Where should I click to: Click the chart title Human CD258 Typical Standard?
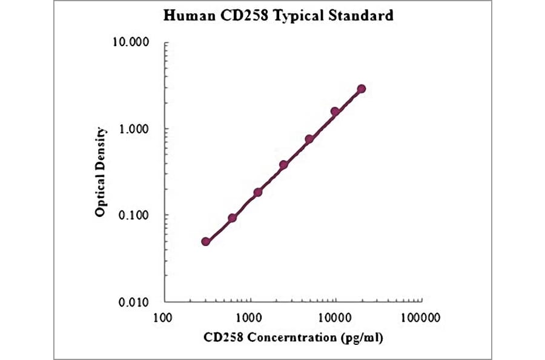(x=278, y=16)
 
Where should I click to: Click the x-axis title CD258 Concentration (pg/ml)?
(x=293, y=337)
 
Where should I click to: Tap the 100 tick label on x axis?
(x=162, y=317)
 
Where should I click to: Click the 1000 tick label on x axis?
(x=248, y=317)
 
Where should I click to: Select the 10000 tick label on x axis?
(x=335, y=317)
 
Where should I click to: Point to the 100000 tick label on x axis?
(x=421, y=317)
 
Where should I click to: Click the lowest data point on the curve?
(x=206, y=241)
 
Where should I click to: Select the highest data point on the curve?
(x=362, y=88)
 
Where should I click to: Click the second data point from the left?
(x=232, y=218)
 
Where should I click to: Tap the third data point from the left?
(x=258, y=192)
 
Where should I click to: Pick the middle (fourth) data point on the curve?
(x=283, y=165)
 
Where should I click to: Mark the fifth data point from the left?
(x=309, y=139)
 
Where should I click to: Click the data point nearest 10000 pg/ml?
(x=335, y=112)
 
